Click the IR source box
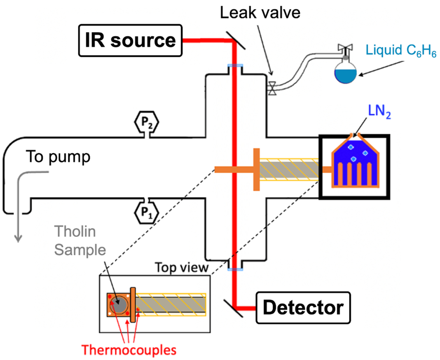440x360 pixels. [131, 41]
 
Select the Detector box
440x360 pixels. [303, 308]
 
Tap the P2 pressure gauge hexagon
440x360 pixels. [146, 122]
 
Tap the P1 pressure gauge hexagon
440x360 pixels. [146, 213]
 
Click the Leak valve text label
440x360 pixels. [260, 13]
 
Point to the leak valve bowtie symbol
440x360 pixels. [272, 88]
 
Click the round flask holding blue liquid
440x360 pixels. [345, 72]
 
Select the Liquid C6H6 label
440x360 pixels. [401, 51]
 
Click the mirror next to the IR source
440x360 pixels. [236, 40]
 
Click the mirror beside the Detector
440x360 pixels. [233, 308]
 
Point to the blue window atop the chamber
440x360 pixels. [235, 66]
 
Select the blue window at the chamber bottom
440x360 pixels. [235, 269]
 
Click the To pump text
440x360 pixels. [58, 157]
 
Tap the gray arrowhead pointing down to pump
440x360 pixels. [18, 238]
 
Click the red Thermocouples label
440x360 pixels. [129, 350]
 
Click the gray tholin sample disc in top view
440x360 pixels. [119, 305]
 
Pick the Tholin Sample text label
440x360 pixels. [80, 241]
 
